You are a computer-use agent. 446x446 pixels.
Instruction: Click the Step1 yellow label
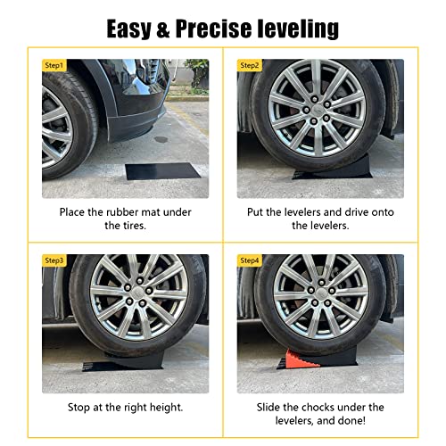(54, 65)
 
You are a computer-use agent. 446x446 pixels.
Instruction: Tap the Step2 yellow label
(250, 65)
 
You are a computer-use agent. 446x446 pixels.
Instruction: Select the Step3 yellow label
(54, 260)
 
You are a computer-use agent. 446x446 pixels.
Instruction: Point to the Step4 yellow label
(250, 260)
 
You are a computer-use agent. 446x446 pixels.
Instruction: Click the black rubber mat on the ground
(162, 171)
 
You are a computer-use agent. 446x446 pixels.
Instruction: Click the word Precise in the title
(213, 29)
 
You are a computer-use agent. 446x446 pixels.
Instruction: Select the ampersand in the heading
(162, 29)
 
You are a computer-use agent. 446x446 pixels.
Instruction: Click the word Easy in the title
(128, 29)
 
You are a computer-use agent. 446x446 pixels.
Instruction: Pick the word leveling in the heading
(298, 29)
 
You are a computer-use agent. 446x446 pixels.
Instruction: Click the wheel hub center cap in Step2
(318, 109)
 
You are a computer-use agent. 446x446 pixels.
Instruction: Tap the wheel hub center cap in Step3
(139, 293)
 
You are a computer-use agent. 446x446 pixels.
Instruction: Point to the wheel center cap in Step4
(321, 293)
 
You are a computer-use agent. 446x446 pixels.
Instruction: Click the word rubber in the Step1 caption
(122, 212)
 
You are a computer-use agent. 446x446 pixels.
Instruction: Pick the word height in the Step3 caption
(166, 408)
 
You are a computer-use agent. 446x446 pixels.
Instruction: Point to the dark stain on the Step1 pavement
(161, 139)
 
